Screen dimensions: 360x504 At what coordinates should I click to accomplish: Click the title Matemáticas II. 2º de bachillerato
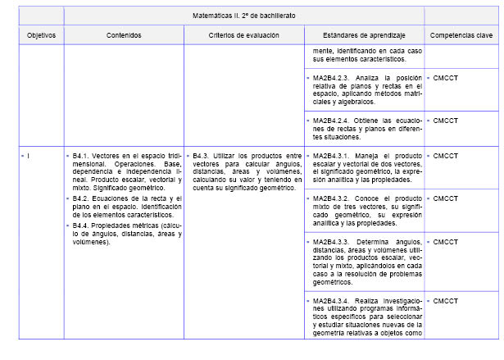point(243,16)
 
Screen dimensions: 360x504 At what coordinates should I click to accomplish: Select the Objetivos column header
point(40,35)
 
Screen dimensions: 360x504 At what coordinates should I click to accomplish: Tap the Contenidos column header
point(124,35)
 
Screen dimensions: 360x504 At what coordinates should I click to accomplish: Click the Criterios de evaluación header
point(243,35)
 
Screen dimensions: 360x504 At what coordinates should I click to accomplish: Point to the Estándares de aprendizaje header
point(363,35)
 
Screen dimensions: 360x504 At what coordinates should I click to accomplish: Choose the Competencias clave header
point(461,35)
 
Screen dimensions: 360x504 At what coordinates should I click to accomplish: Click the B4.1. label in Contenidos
point(81,155)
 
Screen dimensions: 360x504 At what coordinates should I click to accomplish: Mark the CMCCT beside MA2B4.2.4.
point(446,121)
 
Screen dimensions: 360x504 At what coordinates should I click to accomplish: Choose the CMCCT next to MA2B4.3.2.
point(446,198)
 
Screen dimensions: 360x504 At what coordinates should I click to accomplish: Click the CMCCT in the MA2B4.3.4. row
point(446,301)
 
